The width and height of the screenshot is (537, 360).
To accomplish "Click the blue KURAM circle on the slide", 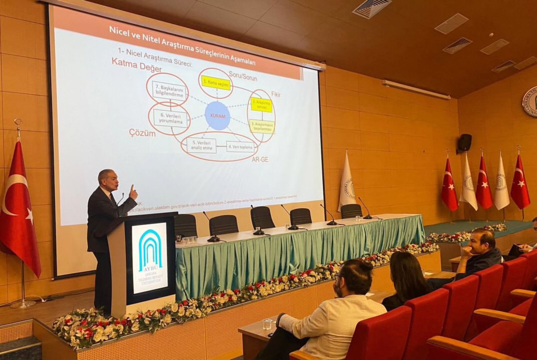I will click(217, 116).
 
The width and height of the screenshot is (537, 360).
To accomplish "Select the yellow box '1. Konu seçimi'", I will click(216, 83).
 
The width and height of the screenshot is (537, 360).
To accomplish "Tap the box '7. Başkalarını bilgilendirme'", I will click(169, 91).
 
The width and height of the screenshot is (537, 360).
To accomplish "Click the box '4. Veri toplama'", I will click(240, 147).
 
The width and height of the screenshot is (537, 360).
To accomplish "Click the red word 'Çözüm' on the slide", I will click(142, 133).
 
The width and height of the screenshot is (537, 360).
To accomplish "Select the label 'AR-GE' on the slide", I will click(260, 159).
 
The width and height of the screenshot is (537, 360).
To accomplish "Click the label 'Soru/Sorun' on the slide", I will click(243, 76).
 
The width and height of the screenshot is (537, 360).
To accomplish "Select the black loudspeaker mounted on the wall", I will click(465, 142).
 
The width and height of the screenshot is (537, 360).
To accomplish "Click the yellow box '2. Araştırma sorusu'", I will click(261, 105).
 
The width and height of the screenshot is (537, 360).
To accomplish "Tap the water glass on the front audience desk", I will click(267, 324).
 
